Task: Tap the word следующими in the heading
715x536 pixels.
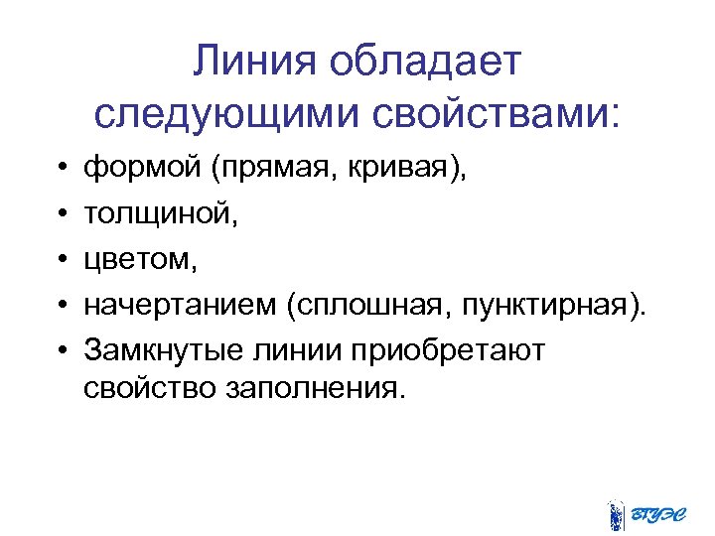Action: pyautogui.click(x=230, y=114)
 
